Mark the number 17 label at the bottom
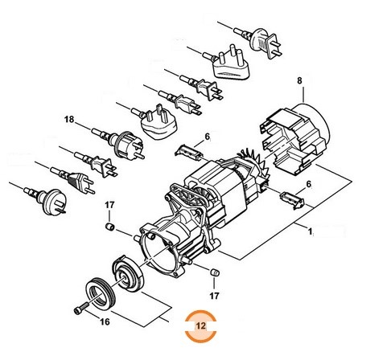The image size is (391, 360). [214, 296]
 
